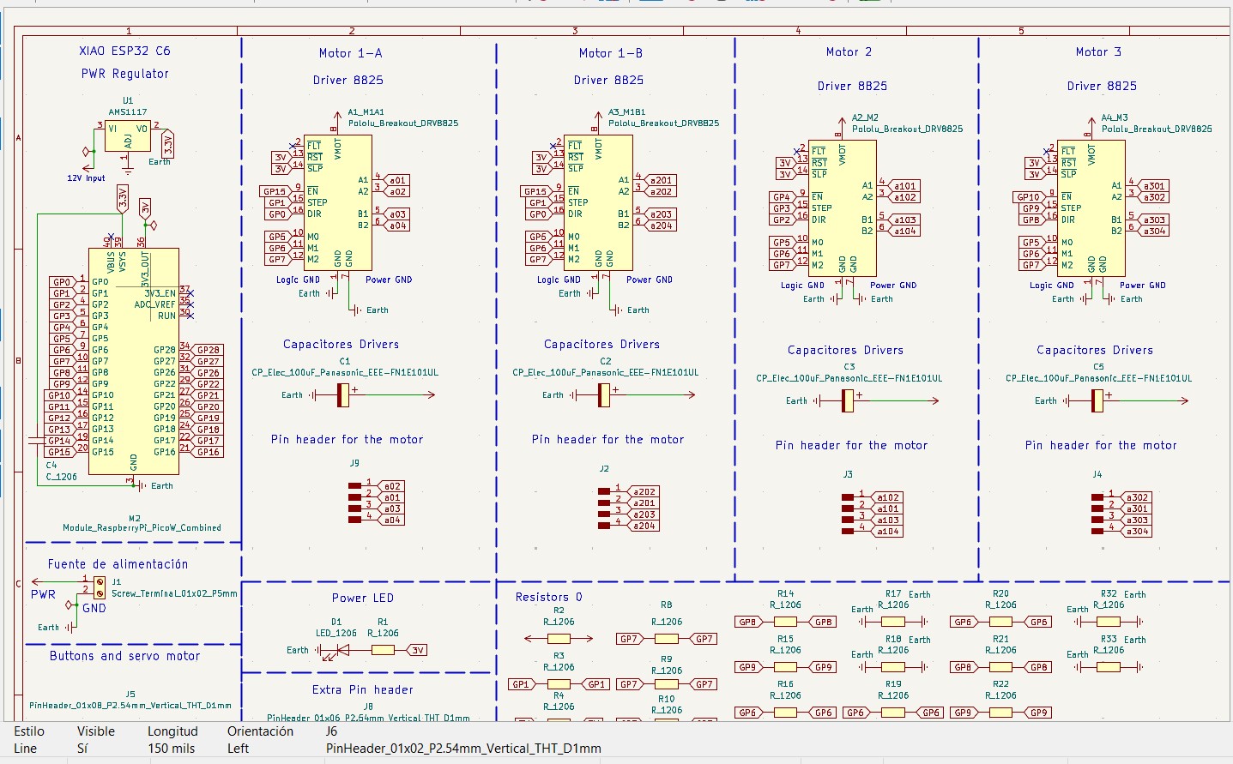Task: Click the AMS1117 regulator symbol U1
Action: pyautogui.click(x=127, y=136)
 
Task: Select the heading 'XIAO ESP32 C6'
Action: pyautogui.click(x=124, y=51)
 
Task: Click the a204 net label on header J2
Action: pyautogui.click(x=644, y=526)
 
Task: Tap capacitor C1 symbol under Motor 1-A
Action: pyautogui.click(x=342, y=394)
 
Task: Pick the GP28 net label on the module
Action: pyautogui.click(x=209, y=350)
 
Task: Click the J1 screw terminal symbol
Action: pyautogui.click(x=100, y=587)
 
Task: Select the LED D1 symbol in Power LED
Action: pyautogui.click(x=341, y=650)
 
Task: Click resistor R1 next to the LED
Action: pyautogui.click(x=383, y=650)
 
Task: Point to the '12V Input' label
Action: pyautogui.click(x=86, y=178)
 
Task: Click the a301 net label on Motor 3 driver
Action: pyautogui.click(x=1154, y=186)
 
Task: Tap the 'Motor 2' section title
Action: pyautogui.click(x=849, y=52)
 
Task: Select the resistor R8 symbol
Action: pyautogui.click(x=666, y=639)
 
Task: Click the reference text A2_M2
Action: pyautogui.click(x=865, y=117)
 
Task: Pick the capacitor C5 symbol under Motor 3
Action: pyautogui.click(x=1097, y=400)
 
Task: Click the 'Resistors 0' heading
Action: pyautogui.click(x=548, y=597)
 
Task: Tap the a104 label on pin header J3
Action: pyautogui.click(x=888, y=532)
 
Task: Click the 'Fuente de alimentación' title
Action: pyautogui.click(x=118, y=564)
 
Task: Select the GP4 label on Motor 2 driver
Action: pyautogui.click(x=781, y=197)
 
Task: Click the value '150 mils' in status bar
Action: pyautogui.click(x=171, y=749)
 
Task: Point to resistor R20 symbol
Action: pyautogui.click(x=1000, y=622)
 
